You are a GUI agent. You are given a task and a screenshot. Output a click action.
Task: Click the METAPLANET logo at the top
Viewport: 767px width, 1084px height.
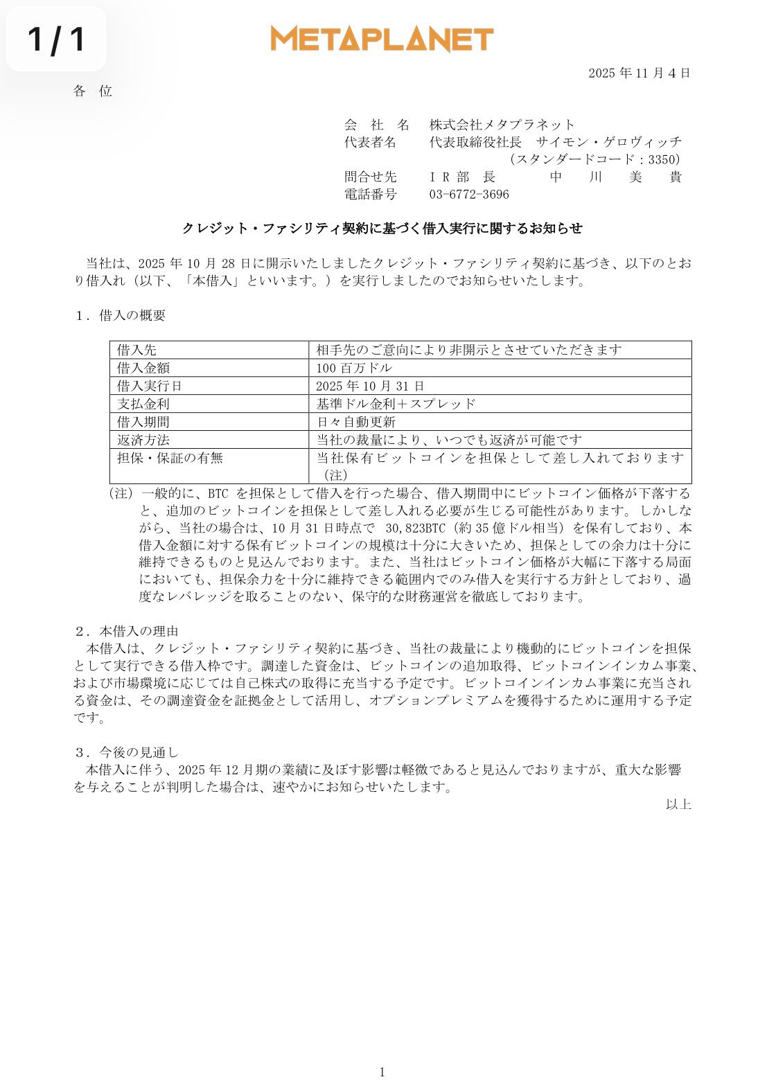(x=382, y=39)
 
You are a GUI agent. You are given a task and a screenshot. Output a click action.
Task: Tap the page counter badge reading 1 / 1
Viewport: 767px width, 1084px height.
(x=57, y=39)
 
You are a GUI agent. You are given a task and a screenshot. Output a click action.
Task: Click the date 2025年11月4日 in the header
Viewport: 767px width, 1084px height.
(x=639, y=73)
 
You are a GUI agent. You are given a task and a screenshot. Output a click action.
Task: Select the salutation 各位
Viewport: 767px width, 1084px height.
(x=92, y=91)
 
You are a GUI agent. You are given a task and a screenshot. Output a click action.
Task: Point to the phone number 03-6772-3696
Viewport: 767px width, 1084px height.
(x=469, y=195)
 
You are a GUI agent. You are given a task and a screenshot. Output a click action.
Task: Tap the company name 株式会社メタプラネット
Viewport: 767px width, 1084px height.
(x=502, y=125)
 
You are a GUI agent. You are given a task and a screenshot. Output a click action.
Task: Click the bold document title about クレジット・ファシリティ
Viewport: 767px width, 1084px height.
(x=382, y=228)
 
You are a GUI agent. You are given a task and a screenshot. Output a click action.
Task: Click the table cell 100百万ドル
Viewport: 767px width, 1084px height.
(x=354, y=368)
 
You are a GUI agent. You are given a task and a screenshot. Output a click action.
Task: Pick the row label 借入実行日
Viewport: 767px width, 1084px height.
(x=149, y=386)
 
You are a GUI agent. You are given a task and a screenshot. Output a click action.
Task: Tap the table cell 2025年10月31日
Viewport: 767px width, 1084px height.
(x=370, y=386)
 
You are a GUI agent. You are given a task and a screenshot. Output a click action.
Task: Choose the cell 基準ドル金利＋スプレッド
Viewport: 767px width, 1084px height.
(x=396, y=404)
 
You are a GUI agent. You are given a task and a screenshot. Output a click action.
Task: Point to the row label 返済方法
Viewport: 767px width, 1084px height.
(x=143, y=440)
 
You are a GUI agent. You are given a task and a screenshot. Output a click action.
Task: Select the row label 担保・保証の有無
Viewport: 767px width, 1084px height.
(x=170, y=458)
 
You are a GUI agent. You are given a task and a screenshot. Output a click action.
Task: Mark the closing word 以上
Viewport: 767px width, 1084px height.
(x=678, y=804)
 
